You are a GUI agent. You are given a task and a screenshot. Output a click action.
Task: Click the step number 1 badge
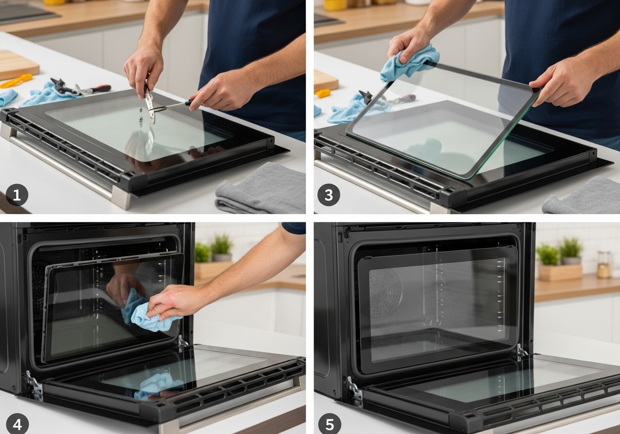coord(17,195)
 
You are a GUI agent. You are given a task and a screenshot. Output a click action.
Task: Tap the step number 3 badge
coord(328,195)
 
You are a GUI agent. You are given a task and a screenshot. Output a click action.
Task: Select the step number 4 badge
coord(17,424)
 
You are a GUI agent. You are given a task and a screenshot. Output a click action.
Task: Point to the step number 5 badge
coord(329,424)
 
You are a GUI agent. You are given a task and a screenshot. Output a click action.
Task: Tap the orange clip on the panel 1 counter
coord(16,80)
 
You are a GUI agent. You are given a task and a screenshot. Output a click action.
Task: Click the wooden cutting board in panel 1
coord(16,65)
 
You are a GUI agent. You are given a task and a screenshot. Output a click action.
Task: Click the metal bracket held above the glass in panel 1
coord(150,104)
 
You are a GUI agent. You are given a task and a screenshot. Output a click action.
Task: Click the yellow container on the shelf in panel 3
coord(335,5)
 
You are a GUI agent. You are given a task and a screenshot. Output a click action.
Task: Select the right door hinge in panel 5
coord(522,353)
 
